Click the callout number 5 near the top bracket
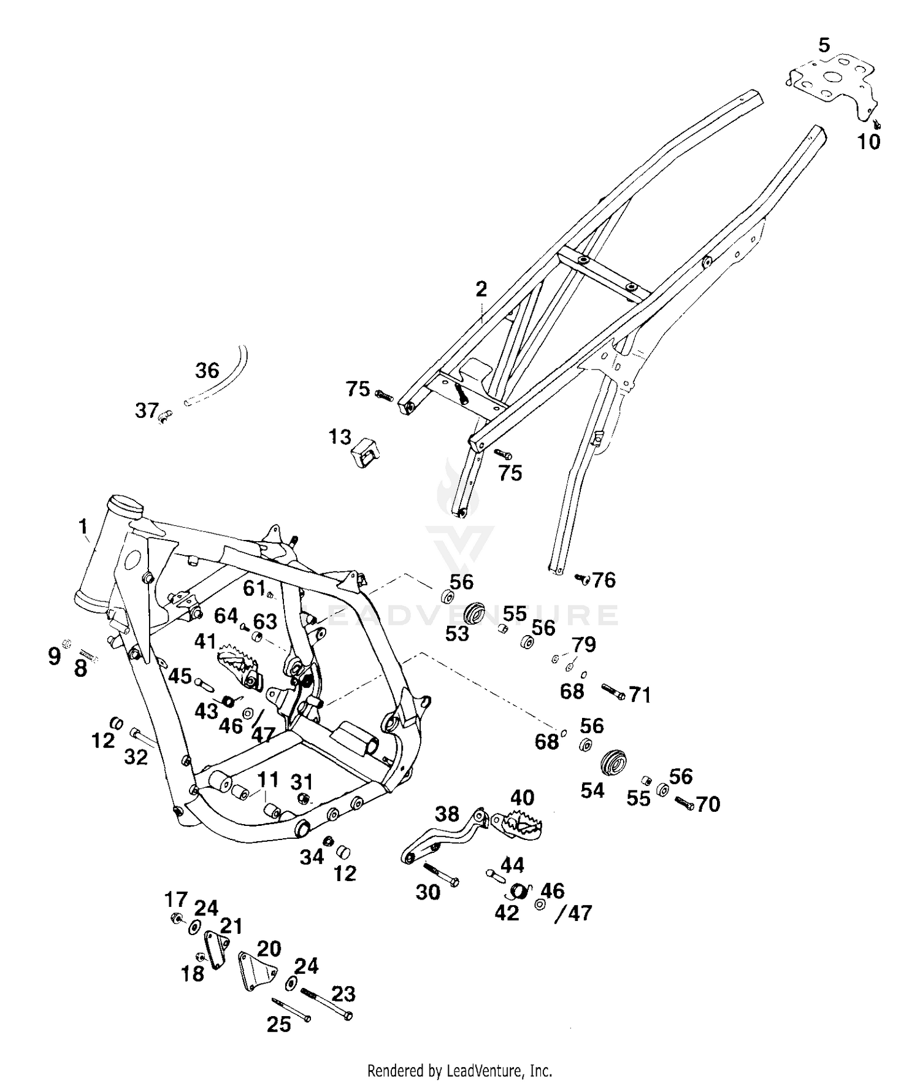(824, 45)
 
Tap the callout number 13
(340, 437)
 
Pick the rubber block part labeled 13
(364, 453)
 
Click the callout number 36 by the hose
(207, 370)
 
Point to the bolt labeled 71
(613, 692)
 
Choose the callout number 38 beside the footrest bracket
(447, 814)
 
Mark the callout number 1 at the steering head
(83, 526)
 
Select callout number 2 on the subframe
(481, 288)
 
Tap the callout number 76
(604, 580)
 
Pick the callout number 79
(584, 644)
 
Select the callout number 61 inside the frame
(253, 588)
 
